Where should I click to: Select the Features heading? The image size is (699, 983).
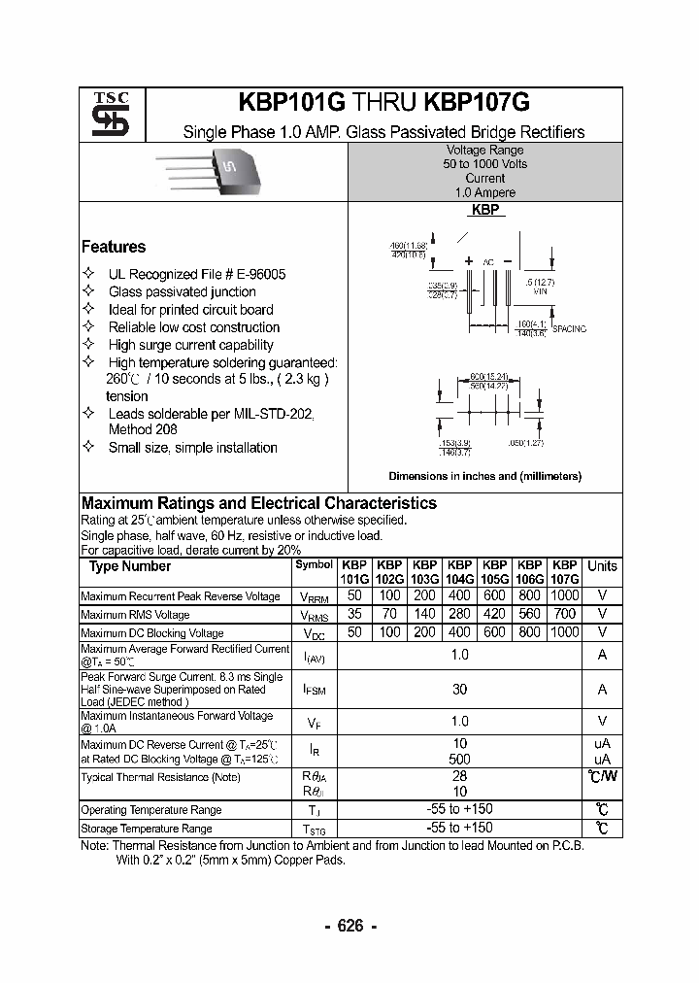pos(114,247)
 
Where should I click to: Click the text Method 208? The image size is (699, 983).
pos(143,429)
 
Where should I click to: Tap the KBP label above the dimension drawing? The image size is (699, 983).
pos(484,210)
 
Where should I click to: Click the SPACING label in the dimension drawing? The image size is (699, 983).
pos(569,329)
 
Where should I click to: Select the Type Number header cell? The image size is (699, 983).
pos(130,566)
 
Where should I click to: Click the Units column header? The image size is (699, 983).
pos(602,566)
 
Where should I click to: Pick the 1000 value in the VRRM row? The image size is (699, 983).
pos(564,595)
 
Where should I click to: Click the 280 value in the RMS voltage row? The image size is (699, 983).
pos(459,614)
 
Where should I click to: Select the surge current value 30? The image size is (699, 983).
pos(459,690)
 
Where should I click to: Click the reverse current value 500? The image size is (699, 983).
pos(459,759)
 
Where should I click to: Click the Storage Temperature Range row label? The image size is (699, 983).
pos(147,829)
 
